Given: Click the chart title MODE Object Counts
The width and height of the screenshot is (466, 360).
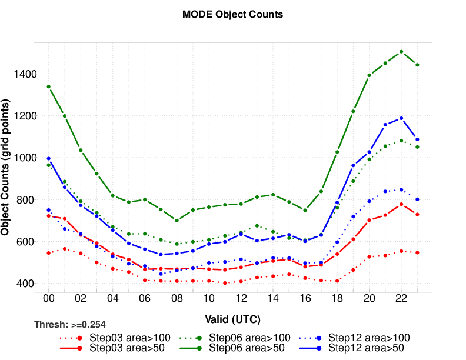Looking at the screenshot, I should [x=233, y=15].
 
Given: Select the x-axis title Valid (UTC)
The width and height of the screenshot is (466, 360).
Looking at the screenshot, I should [x=233, y=319].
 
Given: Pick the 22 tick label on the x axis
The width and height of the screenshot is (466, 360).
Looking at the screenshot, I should [x=401, y=299].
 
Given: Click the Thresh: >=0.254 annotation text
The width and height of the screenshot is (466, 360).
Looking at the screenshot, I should [x=70, y=324].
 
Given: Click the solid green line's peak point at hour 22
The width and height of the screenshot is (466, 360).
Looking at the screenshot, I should [x=401, y=52].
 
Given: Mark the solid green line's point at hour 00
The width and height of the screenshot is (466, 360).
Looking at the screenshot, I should [x=48, y=86].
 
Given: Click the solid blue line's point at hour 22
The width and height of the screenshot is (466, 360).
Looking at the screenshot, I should [x=401, y=118].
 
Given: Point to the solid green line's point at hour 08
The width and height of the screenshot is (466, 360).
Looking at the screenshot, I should [x=177, y=221].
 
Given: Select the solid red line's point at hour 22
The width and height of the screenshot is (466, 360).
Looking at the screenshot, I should [x=401, y=204].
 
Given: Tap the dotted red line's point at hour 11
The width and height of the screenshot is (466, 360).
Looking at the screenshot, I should [x=225, y=283].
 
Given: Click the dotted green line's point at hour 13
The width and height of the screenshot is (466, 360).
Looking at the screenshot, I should [x=257, y=226].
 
